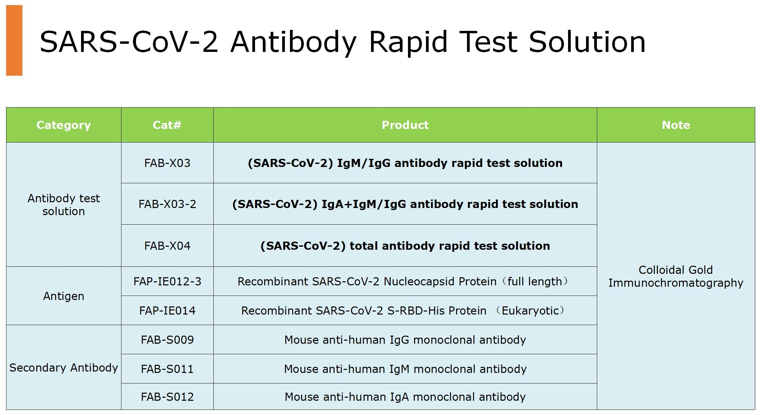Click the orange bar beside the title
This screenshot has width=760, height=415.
click(14, 40)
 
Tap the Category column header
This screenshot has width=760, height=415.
click(64, 125)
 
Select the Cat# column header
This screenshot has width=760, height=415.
click(167, 125)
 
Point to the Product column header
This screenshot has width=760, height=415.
click(405, 125)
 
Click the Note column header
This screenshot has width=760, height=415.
click(676, 125)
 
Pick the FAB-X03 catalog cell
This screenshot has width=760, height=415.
click(167, 163)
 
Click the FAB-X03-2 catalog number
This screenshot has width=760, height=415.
click(167, 204)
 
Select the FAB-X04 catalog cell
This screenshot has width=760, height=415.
click(167, 246)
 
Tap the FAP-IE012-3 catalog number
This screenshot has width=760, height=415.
click(167, 282)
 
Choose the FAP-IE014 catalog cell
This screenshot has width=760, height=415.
click(167, 311)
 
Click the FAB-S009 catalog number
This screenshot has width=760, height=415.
click(167, 340)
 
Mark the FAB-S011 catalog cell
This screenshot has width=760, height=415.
click(167, 369)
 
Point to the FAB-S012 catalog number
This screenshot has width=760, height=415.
click(167, 397)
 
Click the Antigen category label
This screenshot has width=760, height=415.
click(64, 297)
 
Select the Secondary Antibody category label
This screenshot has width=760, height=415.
click(64, 368)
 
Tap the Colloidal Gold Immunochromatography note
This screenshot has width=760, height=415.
click(676, 277)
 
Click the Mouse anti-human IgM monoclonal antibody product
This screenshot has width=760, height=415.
click(405, 369)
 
